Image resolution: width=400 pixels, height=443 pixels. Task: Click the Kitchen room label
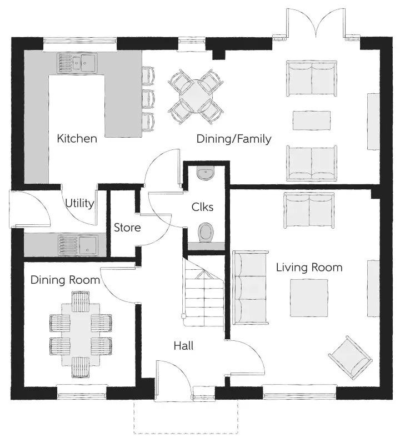(77, 138)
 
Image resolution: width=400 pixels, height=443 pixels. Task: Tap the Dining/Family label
(234, 139)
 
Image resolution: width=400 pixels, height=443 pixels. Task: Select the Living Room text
(309, 267)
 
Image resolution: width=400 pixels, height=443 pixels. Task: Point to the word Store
(127, 228)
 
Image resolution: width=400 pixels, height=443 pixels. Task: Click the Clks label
(202, 207)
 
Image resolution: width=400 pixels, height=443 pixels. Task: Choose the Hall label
(183, 346)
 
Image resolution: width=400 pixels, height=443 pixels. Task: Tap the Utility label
(79, 203)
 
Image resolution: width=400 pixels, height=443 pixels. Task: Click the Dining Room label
(66, 280)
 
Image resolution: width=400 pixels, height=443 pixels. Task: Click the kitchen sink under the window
(77, 63)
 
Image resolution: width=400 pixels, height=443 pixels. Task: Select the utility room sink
(78, 245)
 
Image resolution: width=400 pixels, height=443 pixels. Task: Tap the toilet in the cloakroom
(206, 233)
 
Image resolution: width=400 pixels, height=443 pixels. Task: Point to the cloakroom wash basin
(206, 173)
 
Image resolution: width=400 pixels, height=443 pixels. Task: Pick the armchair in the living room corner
(350, 358)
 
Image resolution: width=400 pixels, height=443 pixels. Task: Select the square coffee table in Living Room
(309, 298)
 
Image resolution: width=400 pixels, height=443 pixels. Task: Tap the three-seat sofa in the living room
(250, 287)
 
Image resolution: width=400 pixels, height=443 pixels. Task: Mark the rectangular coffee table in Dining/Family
(312, 120)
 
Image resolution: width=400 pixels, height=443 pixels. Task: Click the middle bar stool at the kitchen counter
(148, 99)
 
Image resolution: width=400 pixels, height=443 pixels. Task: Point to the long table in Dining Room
(81, 335)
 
